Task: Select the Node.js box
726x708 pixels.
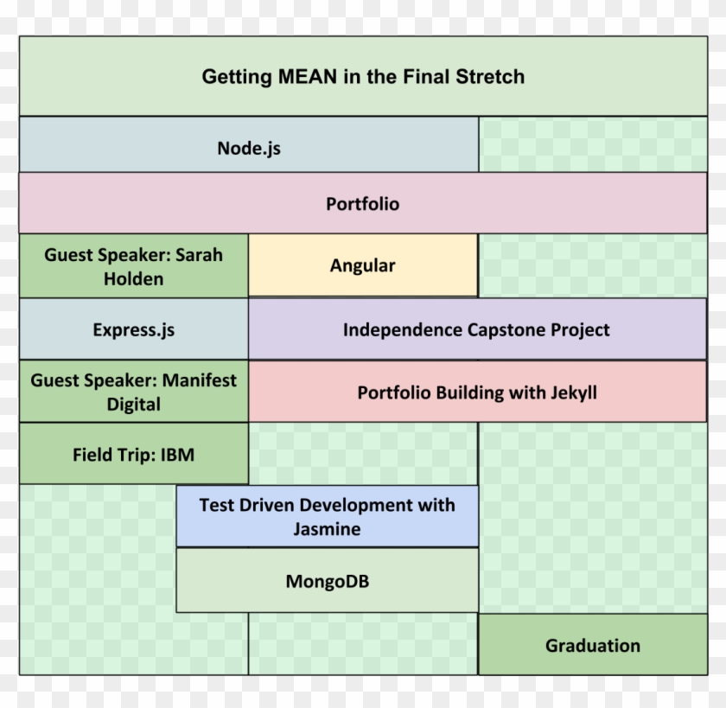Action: pyautogui.click(x=249, y=148)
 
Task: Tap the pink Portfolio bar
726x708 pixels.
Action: pyautogui.click(x=362, y=204)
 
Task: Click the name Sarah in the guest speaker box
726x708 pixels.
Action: pyautogui.click(x=199, y=255)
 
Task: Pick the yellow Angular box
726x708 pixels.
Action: pyautogui.click(x=362, y=265)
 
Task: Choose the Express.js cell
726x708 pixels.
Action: pyautogui.click(x=133, y=329)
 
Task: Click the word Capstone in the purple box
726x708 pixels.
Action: pyautogui.click(x=504, y=329)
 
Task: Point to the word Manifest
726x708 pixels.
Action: pyautogui.click(x=196, y=380)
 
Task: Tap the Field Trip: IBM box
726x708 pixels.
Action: pyautogui.click(x=133, y=454)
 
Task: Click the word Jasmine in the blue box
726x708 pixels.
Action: pyautogui.click(x=327, y=529)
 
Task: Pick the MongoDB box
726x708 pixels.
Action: pyautogui.click(x=327, y=581)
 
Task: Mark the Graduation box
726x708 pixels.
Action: pyautogui.click(x=592, y=645)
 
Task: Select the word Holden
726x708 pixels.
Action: pyautogui.click(x=133, y=278)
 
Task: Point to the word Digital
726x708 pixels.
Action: pyautogui.click(x=133, y=404)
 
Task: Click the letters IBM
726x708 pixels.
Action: pyautogui.click(x=177, y=454)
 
